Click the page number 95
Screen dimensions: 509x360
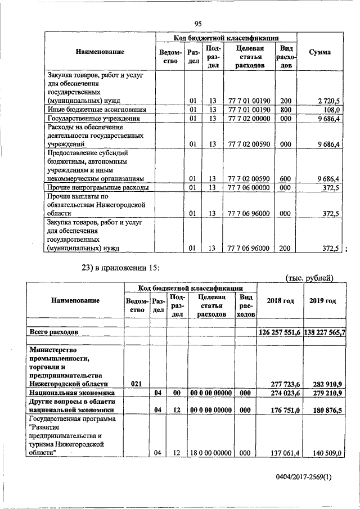tap(197, 23)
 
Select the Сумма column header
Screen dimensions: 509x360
tap(320, 52)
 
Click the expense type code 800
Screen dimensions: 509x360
tap(286, 109)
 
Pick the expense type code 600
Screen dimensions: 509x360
tap(286, 178)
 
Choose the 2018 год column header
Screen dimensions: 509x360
tap(280, 301)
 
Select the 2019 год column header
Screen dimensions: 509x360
tap(323, 301)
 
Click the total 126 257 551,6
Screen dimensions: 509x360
tap(280, 332)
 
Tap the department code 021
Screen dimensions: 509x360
tap(136, 384)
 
